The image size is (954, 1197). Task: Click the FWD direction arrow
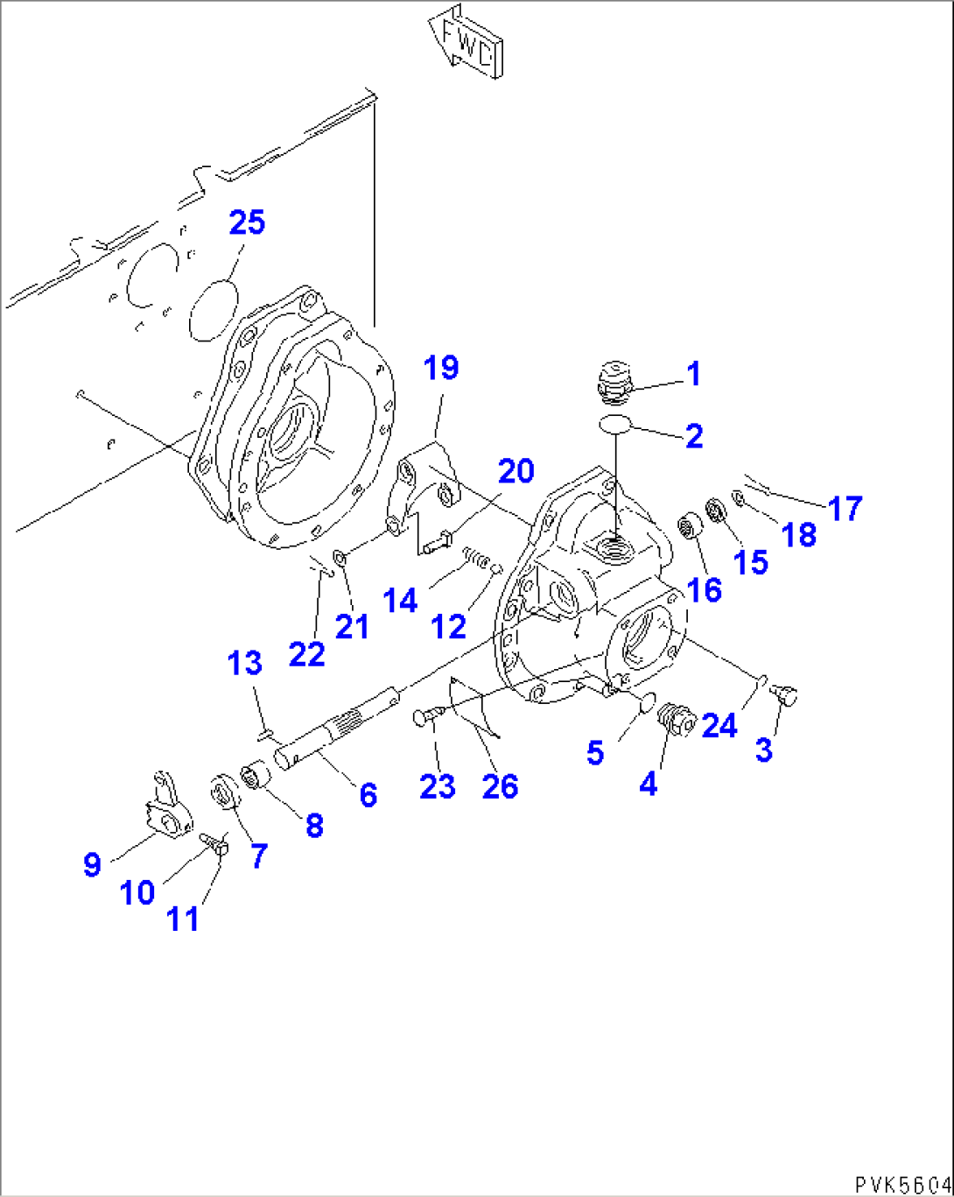point(465,42)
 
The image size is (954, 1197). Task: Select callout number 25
point(247,222)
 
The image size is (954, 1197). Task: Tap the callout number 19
point(442,368)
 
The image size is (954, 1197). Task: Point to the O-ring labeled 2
point(616,426)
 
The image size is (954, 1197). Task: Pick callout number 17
point(845,508)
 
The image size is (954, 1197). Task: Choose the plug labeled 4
point(676,720)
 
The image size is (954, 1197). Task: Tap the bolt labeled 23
point(426,717)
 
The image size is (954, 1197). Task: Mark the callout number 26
point(500,786)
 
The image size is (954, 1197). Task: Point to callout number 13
point(245,663)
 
